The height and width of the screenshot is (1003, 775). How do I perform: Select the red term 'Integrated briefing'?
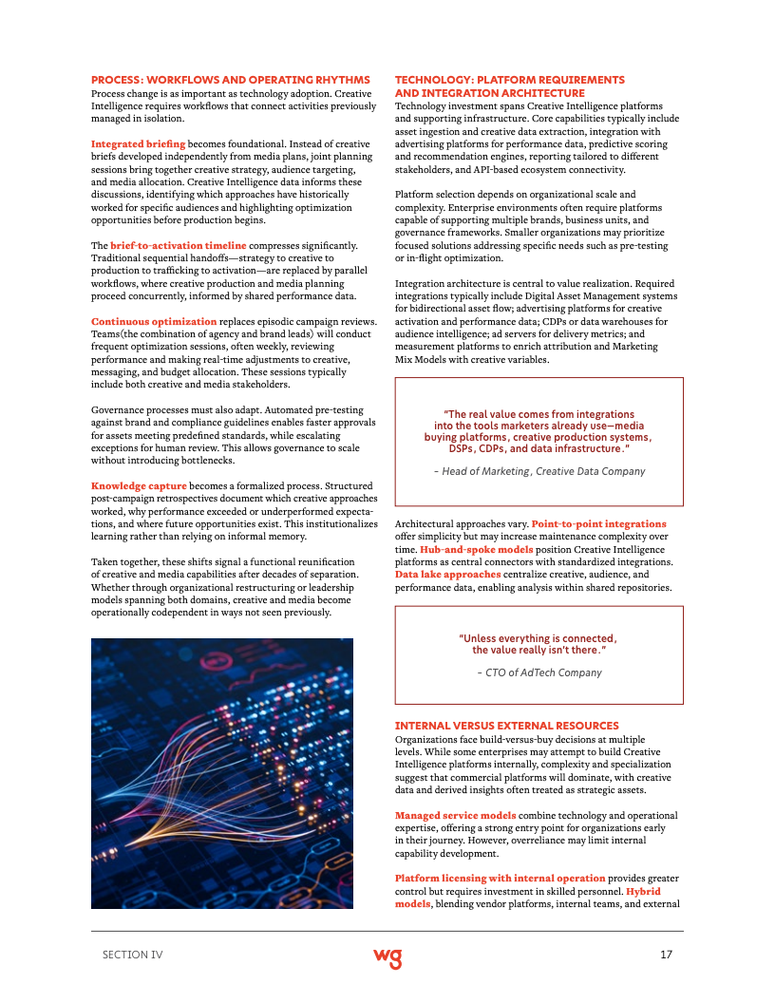138,143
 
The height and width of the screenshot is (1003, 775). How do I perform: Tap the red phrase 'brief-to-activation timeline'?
178,245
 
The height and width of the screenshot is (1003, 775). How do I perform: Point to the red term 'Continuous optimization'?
154,321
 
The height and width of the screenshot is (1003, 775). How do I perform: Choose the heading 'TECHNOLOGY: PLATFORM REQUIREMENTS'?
509,80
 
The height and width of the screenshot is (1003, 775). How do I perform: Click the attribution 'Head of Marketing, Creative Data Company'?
539,471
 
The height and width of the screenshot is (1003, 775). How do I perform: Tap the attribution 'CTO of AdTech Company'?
539,672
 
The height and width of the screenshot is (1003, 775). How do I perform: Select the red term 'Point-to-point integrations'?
598,523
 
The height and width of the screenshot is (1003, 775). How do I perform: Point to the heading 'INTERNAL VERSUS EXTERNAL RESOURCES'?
506,726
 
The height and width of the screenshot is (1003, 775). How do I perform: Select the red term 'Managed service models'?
455,815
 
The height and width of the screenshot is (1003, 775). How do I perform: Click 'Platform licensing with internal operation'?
500,879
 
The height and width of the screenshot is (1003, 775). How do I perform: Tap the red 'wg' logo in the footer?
387,956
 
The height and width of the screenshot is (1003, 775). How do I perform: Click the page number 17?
665,955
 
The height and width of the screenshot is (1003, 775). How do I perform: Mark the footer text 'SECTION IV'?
132,955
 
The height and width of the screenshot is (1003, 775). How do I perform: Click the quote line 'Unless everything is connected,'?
538,637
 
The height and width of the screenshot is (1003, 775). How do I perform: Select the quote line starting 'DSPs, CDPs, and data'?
538,447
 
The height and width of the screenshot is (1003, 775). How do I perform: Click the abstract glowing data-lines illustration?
222,773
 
